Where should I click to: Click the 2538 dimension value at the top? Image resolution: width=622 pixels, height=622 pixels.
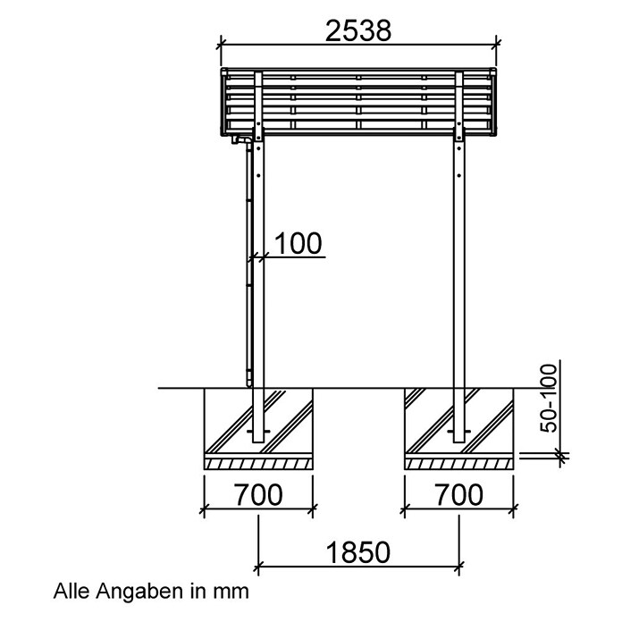point(358,30)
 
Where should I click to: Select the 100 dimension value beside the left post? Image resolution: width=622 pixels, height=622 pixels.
point(298,243)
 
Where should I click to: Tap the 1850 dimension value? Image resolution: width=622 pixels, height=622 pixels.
point(358,552)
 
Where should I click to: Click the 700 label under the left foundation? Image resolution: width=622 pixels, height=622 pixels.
point(258,495)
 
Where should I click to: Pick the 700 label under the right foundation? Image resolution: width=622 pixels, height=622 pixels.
point(459,495)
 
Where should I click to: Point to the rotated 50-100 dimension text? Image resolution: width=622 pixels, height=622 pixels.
point(549,399)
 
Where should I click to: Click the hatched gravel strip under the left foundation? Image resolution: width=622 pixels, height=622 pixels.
point(258,464)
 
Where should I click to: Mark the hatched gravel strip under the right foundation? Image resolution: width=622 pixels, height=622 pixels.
point(459,464)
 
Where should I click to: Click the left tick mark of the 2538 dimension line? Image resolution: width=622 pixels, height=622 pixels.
point(221,44)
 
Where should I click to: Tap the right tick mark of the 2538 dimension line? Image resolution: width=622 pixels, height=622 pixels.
point(496,44)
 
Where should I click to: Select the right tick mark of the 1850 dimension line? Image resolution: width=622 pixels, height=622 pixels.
point(459,567)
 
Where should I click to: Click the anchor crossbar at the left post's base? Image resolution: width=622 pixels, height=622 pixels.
point(258,431)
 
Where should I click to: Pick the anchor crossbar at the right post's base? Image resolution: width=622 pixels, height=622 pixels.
point(459,431)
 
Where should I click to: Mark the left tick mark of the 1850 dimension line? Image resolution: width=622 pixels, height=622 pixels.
point(258,567)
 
